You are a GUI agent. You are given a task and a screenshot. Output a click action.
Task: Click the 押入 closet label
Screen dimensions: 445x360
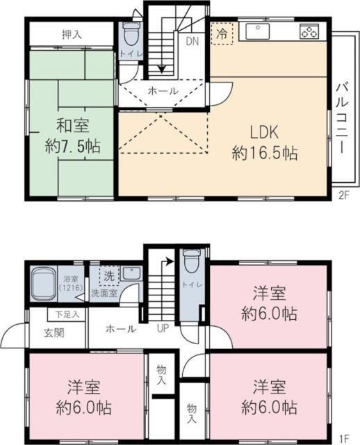point(71,34)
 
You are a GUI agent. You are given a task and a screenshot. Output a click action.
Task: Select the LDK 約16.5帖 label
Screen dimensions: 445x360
point(265,142)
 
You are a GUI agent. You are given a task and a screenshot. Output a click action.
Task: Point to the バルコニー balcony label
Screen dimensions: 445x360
point(341,118)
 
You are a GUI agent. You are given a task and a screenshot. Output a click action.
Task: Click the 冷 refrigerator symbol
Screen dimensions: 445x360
point(222,33)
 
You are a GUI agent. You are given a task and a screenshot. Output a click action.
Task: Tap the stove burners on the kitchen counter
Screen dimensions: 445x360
point(309,31)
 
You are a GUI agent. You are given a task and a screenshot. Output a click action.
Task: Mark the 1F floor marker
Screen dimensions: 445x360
point(343,438)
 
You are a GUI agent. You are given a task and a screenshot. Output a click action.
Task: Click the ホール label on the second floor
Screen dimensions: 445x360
point(163,90)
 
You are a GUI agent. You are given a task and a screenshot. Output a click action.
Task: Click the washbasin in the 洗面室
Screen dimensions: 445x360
point(131,274)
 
